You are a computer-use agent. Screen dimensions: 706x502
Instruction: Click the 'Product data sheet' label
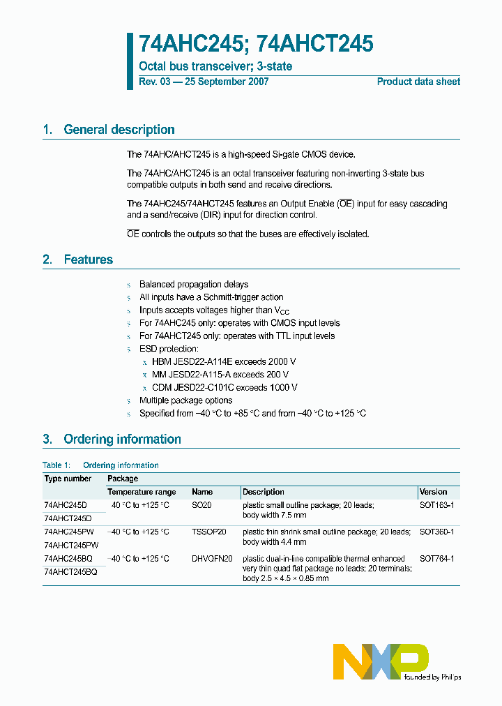tap(418, 82)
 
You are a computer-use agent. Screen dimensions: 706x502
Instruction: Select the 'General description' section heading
tap(119, 130)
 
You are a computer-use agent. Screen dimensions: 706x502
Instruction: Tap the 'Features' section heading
tap(88, 260)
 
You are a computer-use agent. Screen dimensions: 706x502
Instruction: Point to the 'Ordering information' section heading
tap(122, 440)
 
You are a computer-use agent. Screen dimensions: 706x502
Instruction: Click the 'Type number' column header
tap(68, 479)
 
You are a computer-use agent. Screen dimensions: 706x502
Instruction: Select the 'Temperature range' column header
tap(142, 492)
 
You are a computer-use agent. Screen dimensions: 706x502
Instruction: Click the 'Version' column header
tap(433, 492)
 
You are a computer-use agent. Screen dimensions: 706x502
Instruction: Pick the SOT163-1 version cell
tap(436, 504)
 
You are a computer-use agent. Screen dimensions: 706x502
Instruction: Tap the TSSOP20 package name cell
tap(209, 532)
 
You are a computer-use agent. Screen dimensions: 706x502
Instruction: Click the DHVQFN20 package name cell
tap(212, 559)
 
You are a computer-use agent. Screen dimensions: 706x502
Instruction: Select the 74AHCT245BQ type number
tap(70, 571)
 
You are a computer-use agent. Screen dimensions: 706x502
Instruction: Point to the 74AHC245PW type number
tap(71, 532)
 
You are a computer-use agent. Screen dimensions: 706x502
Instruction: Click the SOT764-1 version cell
tap(437, 559)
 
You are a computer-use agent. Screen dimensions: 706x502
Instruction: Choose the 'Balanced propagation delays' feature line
tap(194, 285)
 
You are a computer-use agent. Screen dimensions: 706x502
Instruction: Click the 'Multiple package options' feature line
tap(185, 400)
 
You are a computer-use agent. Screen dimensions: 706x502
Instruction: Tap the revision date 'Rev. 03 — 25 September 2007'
tap(204, 82)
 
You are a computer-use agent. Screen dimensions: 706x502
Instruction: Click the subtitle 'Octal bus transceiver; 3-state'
tap(215, 66)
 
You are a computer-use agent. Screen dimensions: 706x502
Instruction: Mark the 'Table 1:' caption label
tap(56, 465)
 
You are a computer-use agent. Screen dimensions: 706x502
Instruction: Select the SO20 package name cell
tap(201, 504)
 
